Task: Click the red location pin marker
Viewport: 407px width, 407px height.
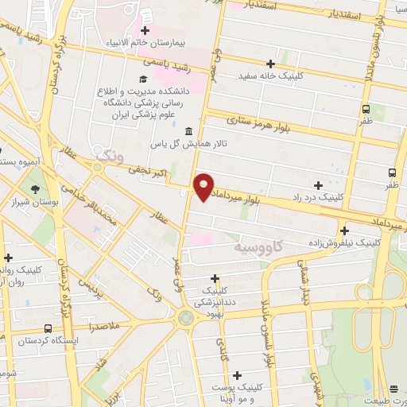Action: tap(204, 187)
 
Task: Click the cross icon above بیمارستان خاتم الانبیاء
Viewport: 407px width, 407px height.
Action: tap(145, 30)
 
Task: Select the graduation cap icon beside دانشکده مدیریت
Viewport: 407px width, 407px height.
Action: tap(142, 79)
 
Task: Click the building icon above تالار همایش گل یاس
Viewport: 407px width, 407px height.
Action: tap(188, 131)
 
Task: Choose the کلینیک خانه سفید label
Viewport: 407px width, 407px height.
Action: tap(272, 76)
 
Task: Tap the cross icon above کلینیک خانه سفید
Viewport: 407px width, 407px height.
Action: tap(271, 64)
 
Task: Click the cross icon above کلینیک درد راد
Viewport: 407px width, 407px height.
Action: tap(318, 184)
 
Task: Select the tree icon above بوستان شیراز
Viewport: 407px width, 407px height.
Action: tap(35, 189)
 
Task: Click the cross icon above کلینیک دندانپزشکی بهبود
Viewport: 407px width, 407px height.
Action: tap(214, 278)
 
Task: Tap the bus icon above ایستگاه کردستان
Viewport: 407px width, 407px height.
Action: tap(49, 328)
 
